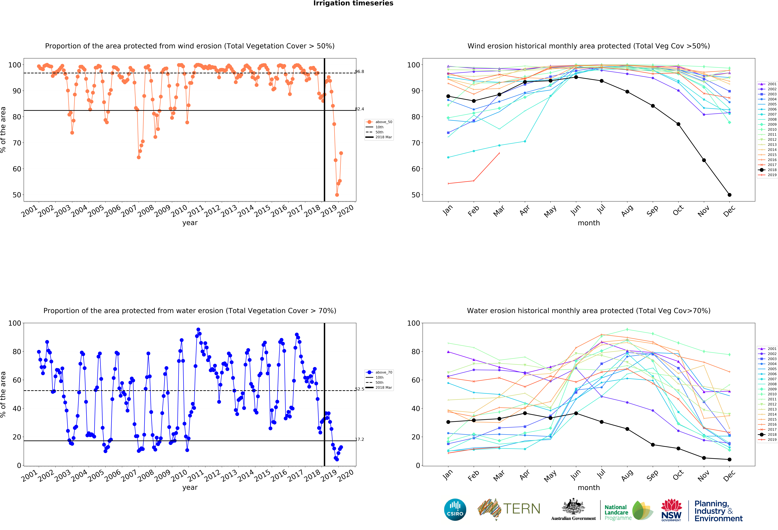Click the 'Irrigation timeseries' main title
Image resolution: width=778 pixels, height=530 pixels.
[353, 3]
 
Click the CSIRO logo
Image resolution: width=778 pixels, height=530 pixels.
[455, 510]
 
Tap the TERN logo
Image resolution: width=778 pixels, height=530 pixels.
[509, 509]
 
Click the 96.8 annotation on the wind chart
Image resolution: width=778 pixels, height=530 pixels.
[360, 72]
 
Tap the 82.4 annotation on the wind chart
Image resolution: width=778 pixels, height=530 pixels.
[360, 109]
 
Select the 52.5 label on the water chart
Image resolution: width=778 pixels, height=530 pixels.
[360, 389]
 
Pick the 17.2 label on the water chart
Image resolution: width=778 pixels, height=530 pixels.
[360, 439]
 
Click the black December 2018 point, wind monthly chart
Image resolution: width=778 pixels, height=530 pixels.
[729, 195]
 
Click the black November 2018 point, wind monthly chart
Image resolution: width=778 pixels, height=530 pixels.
[704, 160]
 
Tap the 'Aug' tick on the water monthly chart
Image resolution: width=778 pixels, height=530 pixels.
[627, 475]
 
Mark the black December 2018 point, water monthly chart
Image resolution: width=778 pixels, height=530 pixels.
[729, 459]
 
